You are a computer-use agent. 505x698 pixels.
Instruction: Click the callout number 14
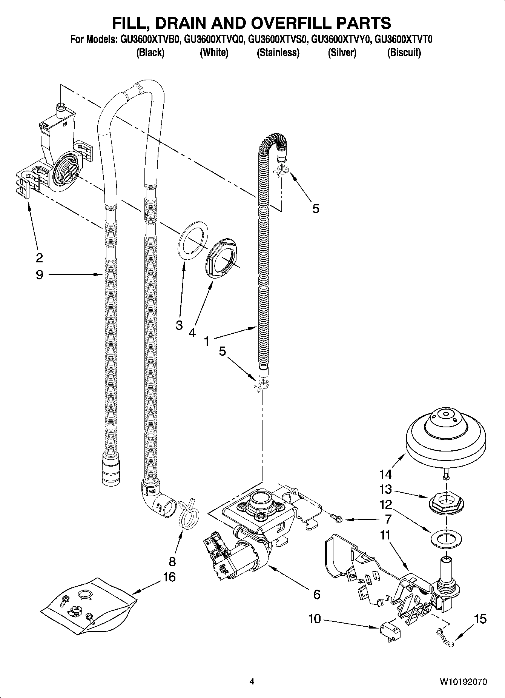coord(385,473)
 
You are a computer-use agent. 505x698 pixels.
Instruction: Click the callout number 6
coord(316,595)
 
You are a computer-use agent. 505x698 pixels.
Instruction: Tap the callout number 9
coord(39,274)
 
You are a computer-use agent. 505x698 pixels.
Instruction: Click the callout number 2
coord(39,257)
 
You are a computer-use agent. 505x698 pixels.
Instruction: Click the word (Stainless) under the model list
coord(278,52)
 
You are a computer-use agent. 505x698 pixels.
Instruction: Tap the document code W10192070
coord(463,681)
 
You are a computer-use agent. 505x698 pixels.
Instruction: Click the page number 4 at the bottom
coord(252,681)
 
